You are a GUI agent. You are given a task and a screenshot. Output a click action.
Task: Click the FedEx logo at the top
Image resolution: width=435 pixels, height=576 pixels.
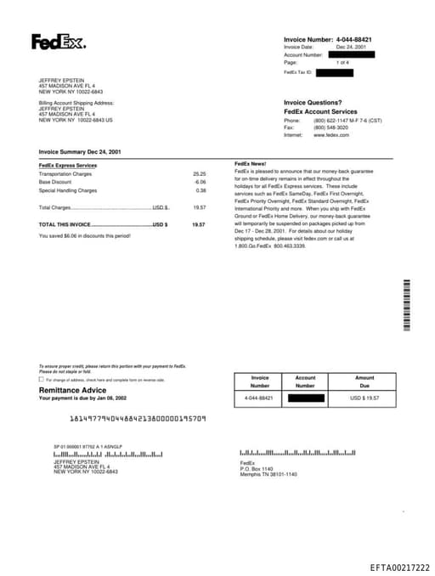[59, 42]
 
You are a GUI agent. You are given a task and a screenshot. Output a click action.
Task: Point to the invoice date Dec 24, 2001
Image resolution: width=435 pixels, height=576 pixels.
[351, 47]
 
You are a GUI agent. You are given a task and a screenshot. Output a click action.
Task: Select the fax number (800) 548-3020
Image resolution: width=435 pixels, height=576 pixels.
[331, 127]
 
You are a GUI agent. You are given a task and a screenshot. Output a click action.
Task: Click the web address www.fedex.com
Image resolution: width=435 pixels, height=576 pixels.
[331, 135]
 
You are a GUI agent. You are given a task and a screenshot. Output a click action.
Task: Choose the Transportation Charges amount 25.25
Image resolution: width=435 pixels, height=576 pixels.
[200, 173]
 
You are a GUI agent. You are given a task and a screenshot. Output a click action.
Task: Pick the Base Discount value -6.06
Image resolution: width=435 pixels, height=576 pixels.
[200, 182]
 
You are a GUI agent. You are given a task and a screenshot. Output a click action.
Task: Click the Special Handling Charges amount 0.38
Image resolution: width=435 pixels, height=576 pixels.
[201, 190]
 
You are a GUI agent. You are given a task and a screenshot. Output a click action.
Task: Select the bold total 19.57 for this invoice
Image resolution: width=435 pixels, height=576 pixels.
[199, 224]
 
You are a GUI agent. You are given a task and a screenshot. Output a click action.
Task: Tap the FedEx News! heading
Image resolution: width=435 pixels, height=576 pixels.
[251, 162]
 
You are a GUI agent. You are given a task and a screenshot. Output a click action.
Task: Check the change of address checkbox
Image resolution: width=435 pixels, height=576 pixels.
[41, 380]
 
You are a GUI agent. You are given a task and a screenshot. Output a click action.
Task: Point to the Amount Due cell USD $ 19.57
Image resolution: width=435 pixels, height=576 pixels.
[364, 398]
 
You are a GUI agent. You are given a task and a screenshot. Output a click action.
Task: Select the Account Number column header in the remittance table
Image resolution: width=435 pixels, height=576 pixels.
[305, 381]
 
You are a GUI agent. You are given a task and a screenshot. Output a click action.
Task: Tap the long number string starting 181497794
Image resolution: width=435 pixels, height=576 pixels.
[137, 418]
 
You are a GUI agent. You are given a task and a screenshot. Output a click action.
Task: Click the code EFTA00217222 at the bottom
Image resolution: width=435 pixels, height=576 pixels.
[399, 567]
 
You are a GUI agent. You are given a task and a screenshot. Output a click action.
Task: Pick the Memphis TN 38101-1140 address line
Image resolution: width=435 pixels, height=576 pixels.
[268, 474]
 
